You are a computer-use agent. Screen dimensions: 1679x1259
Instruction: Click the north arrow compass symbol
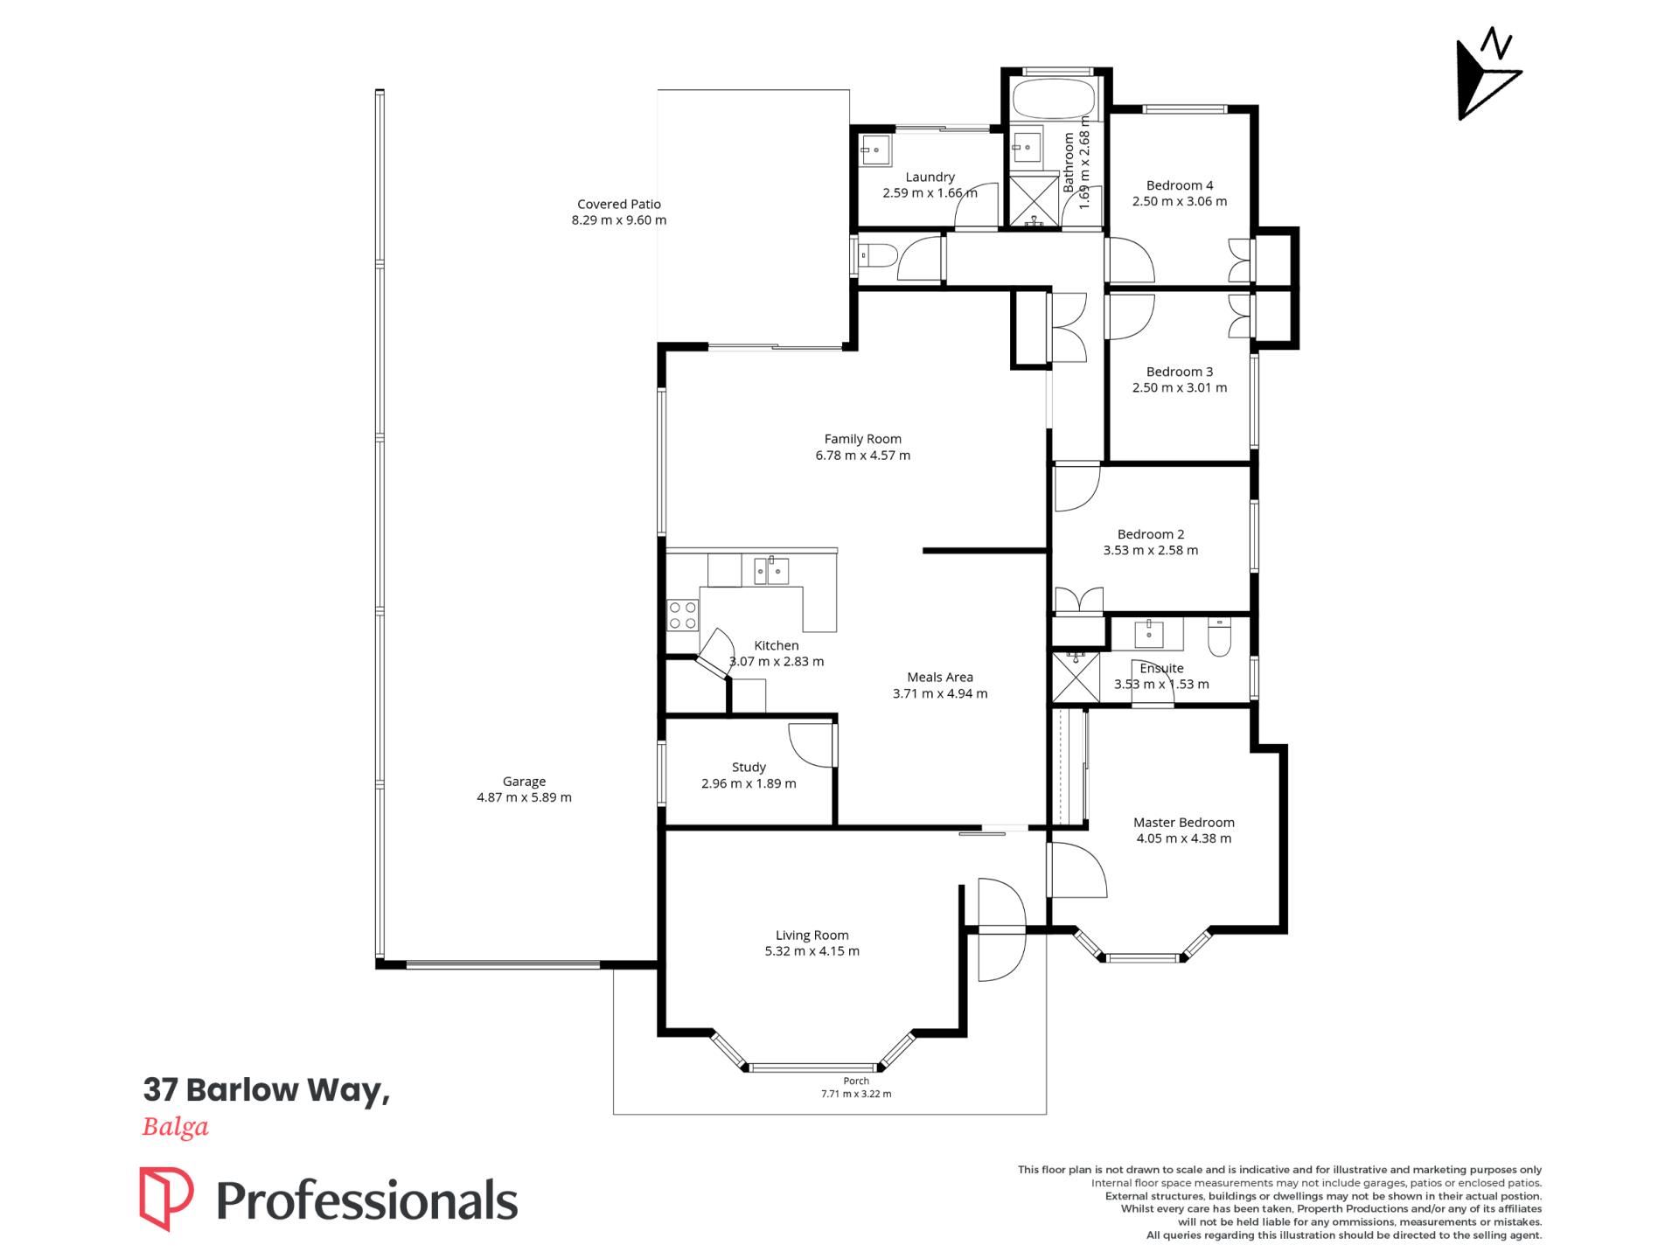[x=1488, y=77]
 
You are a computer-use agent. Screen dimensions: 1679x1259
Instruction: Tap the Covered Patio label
[x=619, y=205]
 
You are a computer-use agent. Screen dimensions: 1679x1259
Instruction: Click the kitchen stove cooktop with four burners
[x=682, y=615]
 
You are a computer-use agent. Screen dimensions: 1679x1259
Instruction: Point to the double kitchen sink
[x=766, y=571]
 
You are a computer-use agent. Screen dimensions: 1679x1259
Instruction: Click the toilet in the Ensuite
[x=1218, y=636]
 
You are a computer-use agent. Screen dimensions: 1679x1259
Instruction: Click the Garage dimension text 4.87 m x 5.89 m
[x=524, y=797]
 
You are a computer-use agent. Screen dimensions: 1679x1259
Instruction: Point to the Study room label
[x=749, y=768]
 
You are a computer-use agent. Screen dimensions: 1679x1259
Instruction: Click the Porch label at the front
[x=856, y=1082]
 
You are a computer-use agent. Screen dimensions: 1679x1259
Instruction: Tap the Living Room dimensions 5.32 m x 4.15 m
[x=812, y=951]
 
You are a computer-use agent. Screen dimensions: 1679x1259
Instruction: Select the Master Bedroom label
[x=1184, y=823]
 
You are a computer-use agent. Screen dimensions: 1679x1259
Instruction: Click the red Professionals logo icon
[x=166, y=1198]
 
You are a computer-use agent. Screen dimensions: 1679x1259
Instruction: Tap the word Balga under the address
[x=176, y=1127]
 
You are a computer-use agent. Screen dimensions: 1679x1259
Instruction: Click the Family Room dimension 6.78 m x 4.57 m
[x=863, y=456]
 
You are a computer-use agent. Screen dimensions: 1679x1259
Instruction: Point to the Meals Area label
[x=940, y=678]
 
